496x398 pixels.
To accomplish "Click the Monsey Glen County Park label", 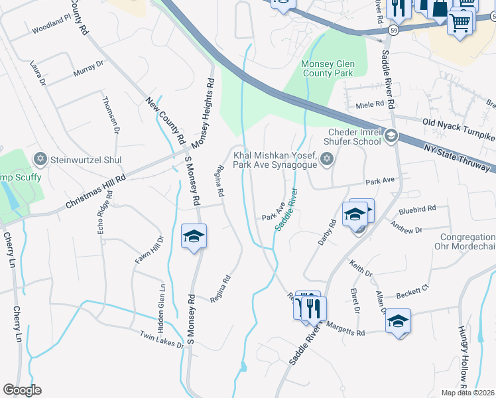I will pyautogui.click(x=328, y=68).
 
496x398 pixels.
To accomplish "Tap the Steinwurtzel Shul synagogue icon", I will pyautogui.click(x=39, y=159).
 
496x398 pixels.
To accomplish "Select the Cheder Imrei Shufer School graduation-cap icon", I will pyautogui.click(x=391, y=136).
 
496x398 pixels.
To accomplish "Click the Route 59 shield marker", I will pyautogui.click(x=394, y=31).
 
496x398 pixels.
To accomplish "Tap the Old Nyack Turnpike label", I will pyautogui.click(x=458, y=128).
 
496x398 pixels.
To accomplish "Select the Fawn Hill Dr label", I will pyautogui.click(x=149, y=250).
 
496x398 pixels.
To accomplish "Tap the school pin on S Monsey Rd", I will pyautogui.click(x=194, y=237).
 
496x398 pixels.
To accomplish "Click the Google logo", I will pyautogui.click(x=22, y=390).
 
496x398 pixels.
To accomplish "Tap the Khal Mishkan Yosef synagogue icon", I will pyautogui.click(x=326, y=159).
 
